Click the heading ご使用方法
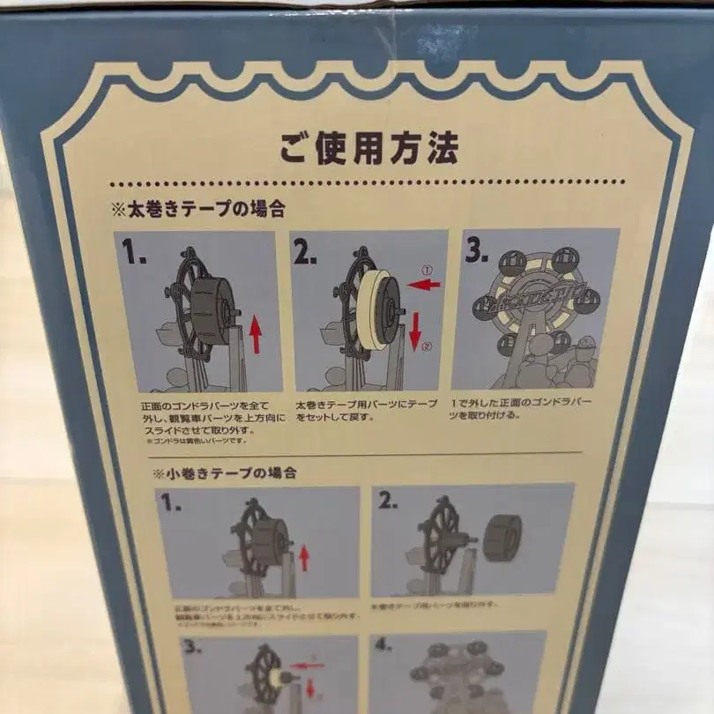[368, 146]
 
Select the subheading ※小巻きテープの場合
[225, 472]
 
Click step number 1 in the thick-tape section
[135, 255]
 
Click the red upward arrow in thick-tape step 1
[256, 336]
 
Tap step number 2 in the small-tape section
[389, 502]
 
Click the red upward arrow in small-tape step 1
[304, 557]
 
